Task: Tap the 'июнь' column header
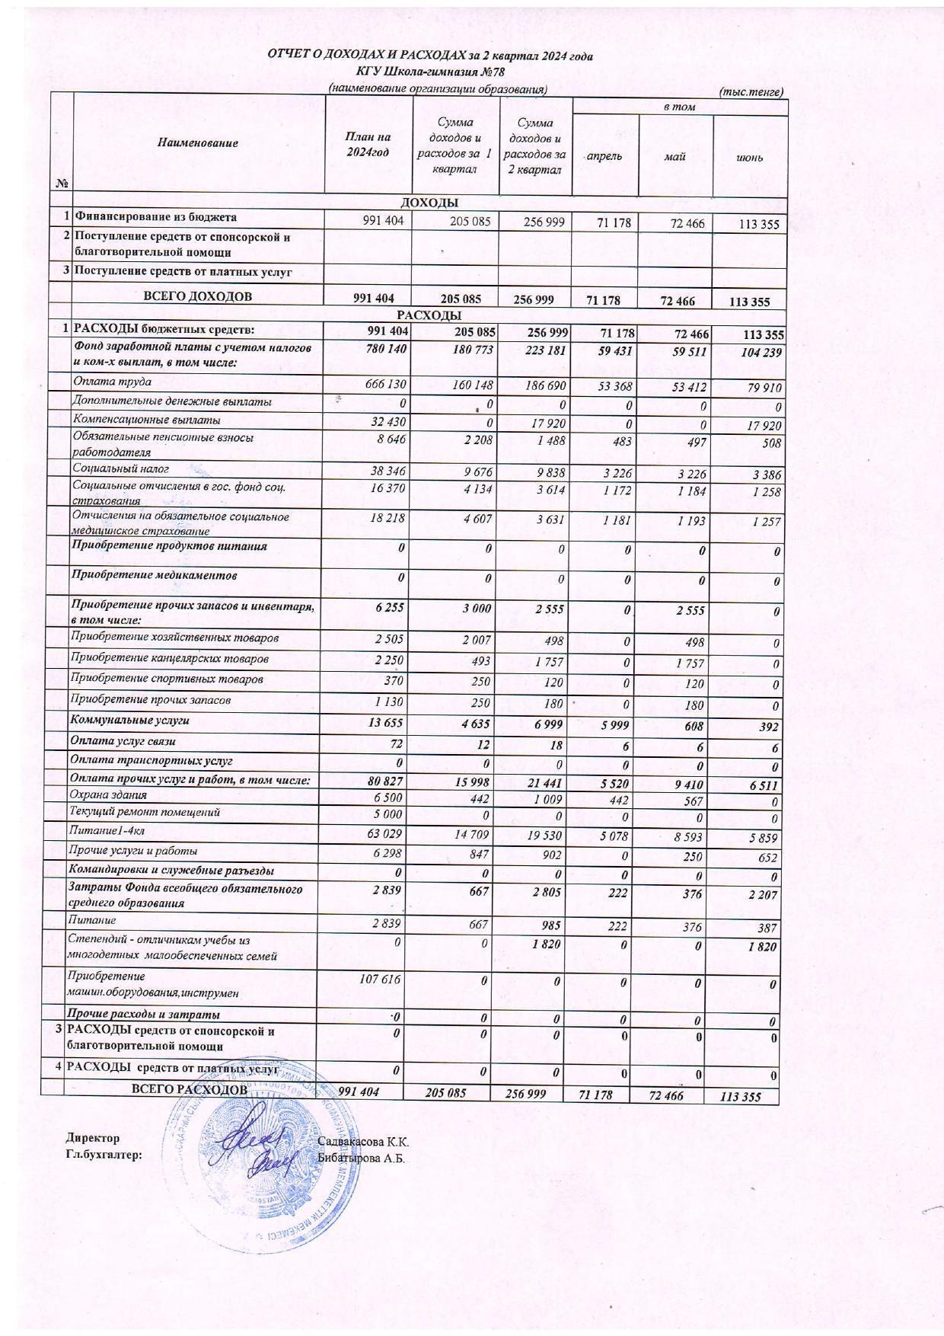pos(749,157)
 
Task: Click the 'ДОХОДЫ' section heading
pos(429,203)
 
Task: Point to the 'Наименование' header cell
pos(198,143)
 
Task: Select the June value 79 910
pos(763,388)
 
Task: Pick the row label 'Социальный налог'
pos(120,469)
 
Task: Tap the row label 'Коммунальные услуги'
pos(129,720)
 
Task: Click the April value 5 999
pos(616,724)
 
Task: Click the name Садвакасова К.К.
pos(362,1143)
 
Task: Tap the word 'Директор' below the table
pos(92,1138)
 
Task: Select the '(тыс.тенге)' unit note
pos(751,91)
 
